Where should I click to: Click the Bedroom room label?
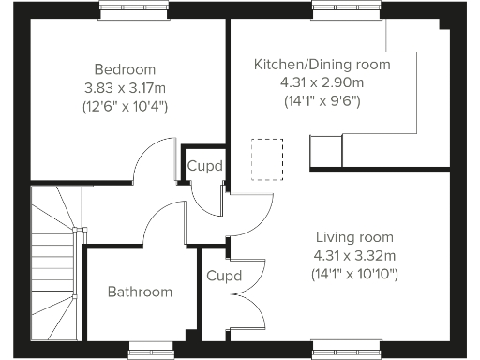[125, 69]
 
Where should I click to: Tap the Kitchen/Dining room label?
[322, 65]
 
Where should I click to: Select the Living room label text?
[354, 237]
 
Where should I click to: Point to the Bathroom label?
[140, 292]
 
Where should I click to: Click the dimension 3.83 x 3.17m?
[125, 87]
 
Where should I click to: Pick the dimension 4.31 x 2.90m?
[322, 83]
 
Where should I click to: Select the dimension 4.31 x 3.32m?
[354, 255]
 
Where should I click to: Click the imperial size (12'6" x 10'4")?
[125, 106]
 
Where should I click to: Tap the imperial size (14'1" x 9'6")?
[322, 102]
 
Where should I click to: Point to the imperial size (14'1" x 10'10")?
[354, 274]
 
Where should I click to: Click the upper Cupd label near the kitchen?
[205, 166]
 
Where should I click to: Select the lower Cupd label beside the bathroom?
[224, 276]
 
